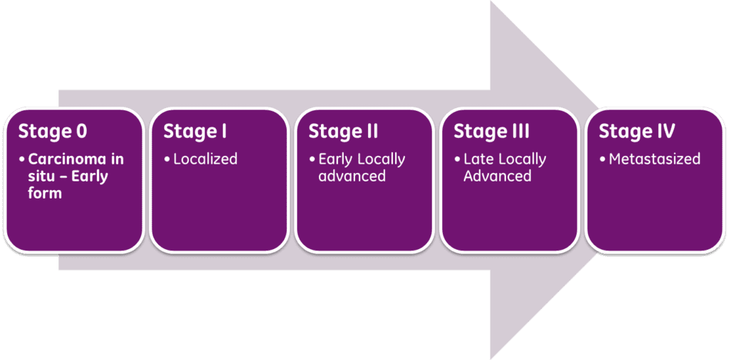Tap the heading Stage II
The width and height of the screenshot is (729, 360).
pyautogui.click(x=343, y=132)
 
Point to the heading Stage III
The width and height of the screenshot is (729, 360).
pyautogui.click(x=491, y=132)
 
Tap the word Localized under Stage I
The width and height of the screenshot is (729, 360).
pyautogui.click(x=205, y=159)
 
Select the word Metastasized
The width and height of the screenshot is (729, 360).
pyautogui.click(x=654, y=159)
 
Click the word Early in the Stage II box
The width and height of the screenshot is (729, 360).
pyautogui.click(x=335, y=159)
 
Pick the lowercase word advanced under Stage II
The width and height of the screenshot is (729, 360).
pyautogui.click(x=352, y=176)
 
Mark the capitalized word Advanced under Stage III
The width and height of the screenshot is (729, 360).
pyautogui.click(x=498, y=176)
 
